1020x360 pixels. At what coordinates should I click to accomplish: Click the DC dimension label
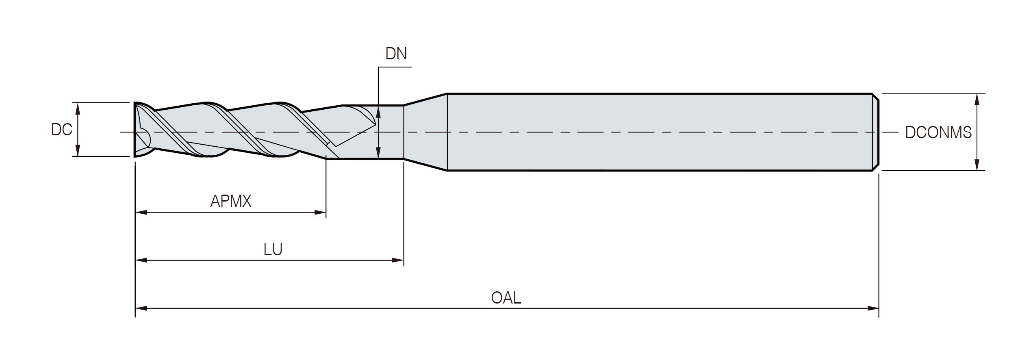62,129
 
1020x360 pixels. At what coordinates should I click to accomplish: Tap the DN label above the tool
396,54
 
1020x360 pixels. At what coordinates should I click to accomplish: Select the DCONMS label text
938,132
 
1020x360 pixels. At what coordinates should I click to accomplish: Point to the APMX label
231,201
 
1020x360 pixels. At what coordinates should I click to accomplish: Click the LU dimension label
273,249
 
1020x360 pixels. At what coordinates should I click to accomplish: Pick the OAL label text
506,298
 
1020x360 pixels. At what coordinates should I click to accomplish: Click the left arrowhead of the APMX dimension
141,212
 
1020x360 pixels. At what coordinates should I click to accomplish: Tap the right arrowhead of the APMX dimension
320,212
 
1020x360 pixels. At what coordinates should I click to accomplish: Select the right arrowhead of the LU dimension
397,260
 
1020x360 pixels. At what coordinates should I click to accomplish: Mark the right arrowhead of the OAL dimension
873,308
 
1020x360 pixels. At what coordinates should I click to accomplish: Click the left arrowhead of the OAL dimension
141,308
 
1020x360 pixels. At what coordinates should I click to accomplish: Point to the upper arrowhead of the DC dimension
78,108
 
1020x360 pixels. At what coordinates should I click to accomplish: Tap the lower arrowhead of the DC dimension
78,150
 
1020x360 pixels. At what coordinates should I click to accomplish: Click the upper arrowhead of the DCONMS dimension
977,100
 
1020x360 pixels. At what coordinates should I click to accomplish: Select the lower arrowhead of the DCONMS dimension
977,165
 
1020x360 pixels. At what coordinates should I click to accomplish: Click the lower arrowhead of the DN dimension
378,152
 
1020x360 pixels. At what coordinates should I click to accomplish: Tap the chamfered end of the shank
876,132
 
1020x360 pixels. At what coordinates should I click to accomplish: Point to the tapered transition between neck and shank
425,132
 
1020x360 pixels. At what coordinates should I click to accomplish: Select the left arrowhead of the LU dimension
141,260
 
